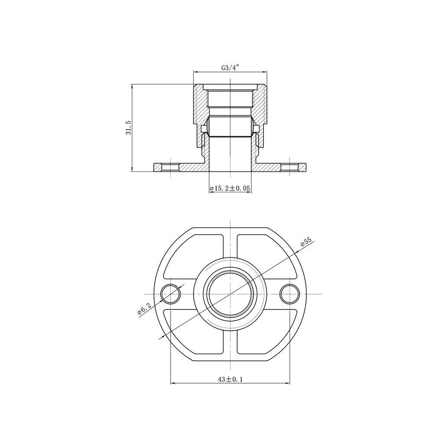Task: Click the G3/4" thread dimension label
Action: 230,68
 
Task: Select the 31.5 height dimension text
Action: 128,128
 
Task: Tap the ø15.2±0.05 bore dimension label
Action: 230,188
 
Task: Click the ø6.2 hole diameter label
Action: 145,309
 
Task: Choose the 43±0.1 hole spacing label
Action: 230,379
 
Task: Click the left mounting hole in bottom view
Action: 171,294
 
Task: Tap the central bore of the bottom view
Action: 230,294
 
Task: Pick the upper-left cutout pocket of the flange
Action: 194,256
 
